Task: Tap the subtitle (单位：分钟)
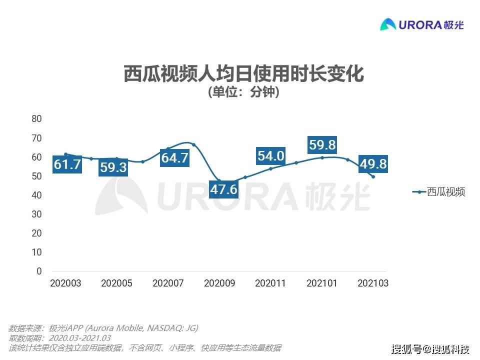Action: point(243,92)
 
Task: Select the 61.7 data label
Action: point(67,164)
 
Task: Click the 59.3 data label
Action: point(113,167)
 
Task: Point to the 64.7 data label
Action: point(175,158)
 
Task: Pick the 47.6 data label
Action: point(224,189)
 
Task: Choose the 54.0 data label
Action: point(271,156)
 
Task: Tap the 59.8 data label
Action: point(321,145)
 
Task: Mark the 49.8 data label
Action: point(373,163)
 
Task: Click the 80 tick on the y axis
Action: point(36,119)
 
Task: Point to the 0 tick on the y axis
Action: point(39,271)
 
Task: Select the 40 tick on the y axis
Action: point(36,195)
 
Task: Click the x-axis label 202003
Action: point(65,283)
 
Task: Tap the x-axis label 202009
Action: point(219,283)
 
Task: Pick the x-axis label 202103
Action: point(373,283)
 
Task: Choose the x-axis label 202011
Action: point(270,283)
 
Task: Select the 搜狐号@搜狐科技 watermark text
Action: point(430,348)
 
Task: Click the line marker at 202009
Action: point(219,180)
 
